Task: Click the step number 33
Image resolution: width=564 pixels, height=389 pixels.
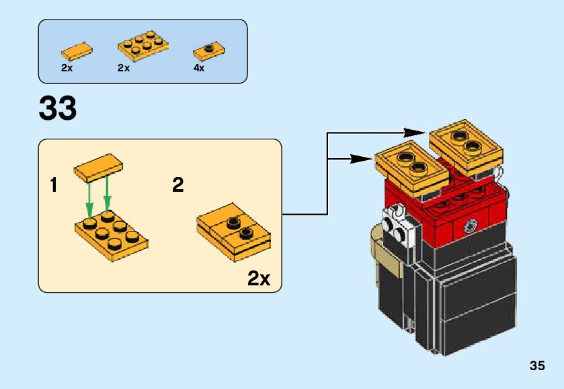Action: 58,108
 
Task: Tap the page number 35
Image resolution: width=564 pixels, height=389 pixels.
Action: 536,366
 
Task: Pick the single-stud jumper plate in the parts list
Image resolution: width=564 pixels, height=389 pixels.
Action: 208,50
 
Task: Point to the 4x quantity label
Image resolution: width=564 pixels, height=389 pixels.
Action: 199,68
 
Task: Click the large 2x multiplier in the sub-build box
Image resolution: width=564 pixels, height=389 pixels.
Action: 259,278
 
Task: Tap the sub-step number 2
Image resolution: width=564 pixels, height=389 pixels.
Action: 177,184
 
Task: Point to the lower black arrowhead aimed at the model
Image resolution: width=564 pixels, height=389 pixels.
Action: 364,158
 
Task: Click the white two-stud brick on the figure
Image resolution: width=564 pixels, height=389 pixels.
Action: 396,227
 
